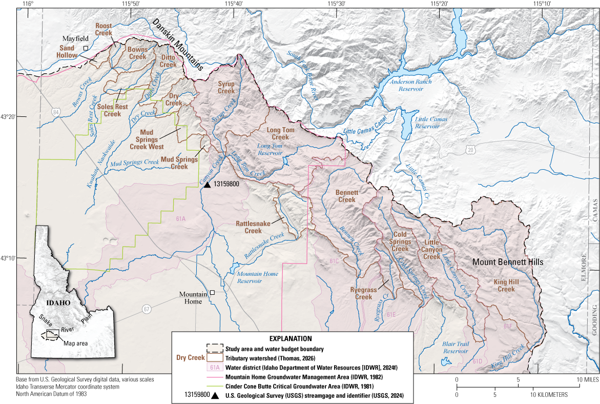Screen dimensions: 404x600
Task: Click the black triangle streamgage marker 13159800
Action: pyautogui.click(x=207, y=184)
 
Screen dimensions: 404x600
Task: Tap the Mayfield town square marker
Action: pyautogui.click(x=87, y=48)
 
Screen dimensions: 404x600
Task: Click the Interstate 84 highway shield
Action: pyautogui.click(x=55, y=112)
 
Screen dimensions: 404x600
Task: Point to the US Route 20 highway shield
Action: pyautogui.click(x=471, y=150)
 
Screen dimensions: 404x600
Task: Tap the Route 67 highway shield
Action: pyautogui.click(x=147, y=309)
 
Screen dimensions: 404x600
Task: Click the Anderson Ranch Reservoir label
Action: pyautogui.click(x=411, y=85)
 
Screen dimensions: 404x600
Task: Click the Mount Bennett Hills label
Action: pyautogui.click(x=507, y=262)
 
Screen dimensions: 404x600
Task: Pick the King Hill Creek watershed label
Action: pyautogui.click(x=506, y=286)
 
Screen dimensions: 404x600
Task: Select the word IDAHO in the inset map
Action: pyautogui.click(x=57, y=302)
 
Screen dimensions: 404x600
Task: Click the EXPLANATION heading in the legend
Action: pyautogui.click(x=291, y=339)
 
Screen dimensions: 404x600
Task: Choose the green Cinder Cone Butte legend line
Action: pyautogui.click(x=214, y=386)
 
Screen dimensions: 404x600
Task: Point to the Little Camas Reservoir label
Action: pyautogui.click(x=431, y=123)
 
